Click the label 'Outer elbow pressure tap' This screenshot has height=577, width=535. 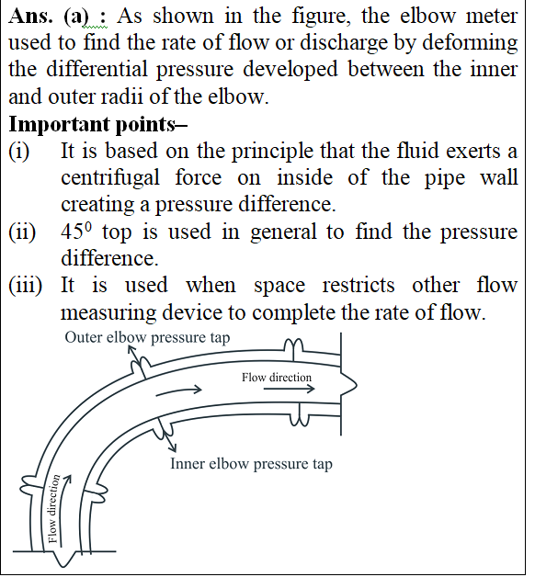(147, 337)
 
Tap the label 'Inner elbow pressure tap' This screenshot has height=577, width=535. (252, 464)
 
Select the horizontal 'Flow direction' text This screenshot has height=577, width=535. (277, 378)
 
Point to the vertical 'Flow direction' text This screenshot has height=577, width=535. (53, 509)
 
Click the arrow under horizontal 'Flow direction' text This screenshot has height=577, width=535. (290, 389)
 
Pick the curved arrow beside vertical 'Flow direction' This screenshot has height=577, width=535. (64, 510)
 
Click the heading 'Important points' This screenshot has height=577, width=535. (98, 124)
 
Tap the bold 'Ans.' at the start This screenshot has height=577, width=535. (30, 17)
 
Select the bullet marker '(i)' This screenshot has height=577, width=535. (18, 151)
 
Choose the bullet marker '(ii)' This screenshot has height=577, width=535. (22, 232)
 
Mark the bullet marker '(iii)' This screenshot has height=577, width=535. (26, 285)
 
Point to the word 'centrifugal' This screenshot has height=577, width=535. (110, 178)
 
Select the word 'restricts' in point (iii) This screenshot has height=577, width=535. (359, 285)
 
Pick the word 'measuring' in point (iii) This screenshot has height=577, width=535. (108, 313)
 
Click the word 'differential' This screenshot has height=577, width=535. (97, 70)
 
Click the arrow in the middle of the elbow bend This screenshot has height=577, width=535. (179, 391)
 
